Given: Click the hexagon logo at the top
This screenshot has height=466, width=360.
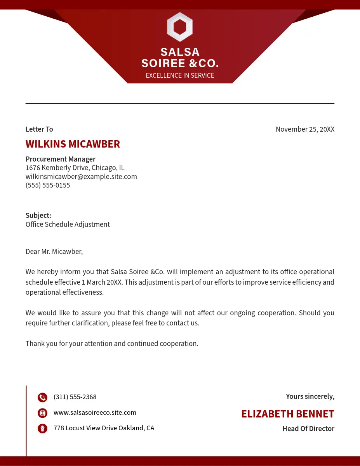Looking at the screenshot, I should (x=180, y=27).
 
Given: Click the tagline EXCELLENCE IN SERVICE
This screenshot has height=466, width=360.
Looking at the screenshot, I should (x=180, y=75).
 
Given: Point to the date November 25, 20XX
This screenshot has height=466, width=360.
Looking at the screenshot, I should (x=305, y=129).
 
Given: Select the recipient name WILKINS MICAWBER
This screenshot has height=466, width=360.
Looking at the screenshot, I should (x=73, y=144).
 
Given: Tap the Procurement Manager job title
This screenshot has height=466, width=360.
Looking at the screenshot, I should (x=61, y=159).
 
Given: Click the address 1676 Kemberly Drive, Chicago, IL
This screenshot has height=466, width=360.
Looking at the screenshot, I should (x=75, y=168).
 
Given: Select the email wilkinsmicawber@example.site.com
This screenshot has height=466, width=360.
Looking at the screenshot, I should (x=81, y=177).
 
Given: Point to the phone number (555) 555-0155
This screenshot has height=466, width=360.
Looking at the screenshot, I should (x=48, y=185).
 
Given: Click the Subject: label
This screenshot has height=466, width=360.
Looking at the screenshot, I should (x=38, y=216).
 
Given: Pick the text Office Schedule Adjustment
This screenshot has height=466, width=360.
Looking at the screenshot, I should (x=68, y=224).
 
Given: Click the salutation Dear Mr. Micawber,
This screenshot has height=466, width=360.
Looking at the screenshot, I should (x=54, y=252).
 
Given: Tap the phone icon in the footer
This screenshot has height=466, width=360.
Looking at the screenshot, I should (x=42, y=397).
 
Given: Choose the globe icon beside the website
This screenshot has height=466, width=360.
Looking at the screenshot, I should (x=42, y=413).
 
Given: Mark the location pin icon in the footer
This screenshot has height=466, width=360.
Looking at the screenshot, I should (x=42, y=428).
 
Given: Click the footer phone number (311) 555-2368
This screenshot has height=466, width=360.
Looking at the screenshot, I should (x=75, y=397).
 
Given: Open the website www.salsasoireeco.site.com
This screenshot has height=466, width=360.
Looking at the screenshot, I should (x=95, y=412).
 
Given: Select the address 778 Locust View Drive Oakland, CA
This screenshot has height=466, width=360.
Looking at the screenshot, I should (x=104, y=428).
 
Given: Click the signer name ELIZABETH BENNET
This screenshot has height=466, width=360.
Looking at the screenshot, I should (x=287, y=414).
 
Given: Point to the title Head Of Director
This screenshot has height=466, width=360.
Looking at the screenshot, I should (x=308, y=429).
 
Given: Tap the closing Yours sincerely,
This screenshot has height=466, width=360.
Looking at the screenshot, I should (x=310, y=396).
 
